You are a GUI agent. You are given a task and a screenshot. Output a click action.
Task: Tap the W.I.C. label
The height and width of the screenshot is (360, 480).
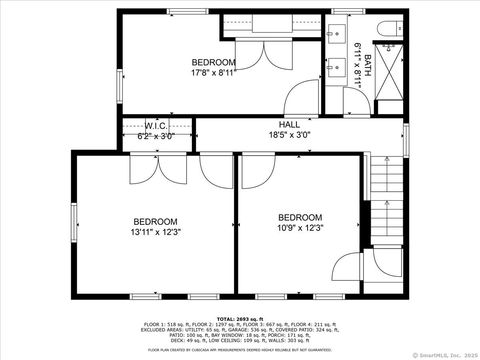click(x=155, y=126)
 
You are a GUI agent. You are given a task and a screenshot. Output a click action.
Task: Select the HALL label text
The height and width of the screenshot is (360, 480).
click(x=289, y=125)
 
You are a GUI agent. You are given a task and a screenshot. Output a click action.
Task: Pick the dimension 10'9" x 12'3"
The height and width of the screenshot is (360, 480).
click(x=299, y=229)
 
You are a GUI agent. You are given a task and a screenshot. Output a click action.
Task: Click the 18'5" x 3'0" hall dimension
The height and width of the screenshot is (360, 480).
click(x=289, y=135)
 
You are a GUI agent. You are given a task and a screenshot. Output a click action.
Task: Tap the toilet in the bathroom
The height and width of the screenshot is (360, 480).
click(x=388, y=27)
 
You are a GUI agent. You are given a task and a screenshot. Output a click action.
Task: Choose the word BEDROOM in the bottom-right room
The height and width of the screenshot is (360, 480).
click(x=299, y=217)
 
